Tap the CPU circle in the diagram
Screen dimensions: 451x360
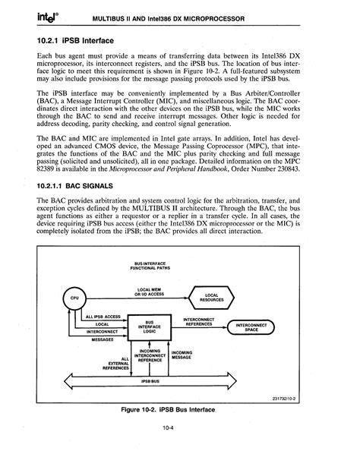pos(74,297)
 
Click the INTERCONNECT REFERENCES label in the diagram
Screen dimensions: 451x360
pos(198,322)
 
